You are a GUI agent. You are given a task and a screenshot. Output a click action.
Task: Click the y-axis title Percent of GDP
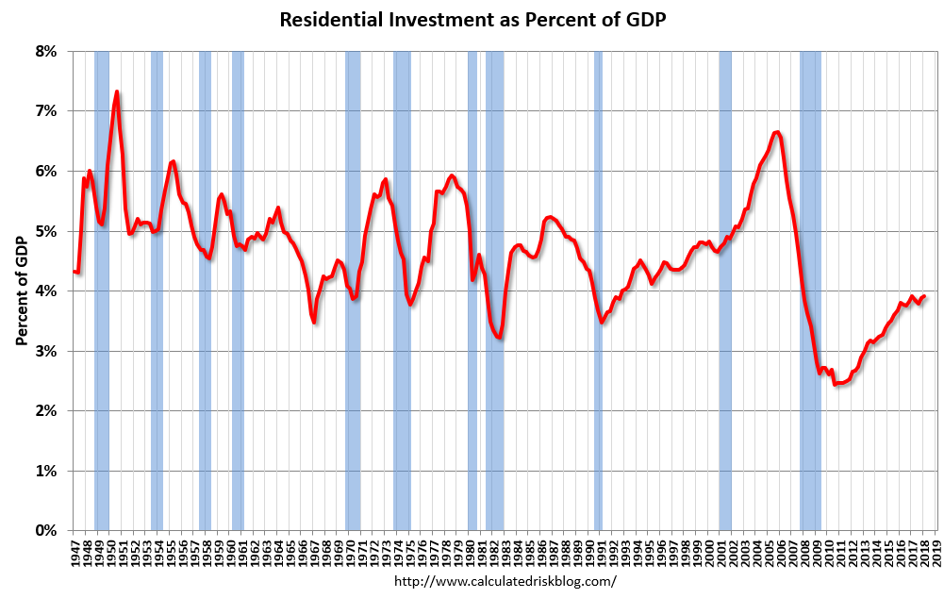pyautogui.click(x=21, y=291)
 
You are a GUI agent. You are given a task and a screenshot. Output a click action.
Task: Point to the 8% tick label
pyautogui.click(x=47, y=51)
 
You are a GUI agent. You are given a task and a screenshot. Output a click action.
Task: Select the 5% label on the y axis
pyautogui.click(x=47, y=231)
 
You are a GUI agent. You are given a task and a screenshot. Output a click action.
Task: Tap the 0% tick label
pyautogui.click(x=47, y=531)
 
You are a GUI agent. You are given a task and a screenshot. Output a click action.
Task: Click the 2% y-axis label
pyautogui.click(x=47, y=411)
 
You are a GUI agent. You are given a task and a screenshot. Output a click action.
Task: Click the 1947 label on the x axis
pyautogui.click(x=75, y=553)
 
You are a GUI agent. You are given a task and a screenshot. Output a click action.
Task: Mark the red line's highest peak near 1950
pyautogui.click(x=116, y=91)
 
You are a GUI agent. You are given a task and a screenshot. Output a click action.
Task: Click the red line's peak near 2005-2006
pyautogui.click(x=776, y=132)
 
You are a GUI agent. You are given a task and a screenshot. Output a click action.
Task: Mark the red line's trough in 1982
pyautogui.click(x=500, y=338)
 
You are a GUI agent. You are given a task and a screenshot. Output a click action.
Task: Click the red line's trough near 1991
pyautogui.click(x=602, y=322)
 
